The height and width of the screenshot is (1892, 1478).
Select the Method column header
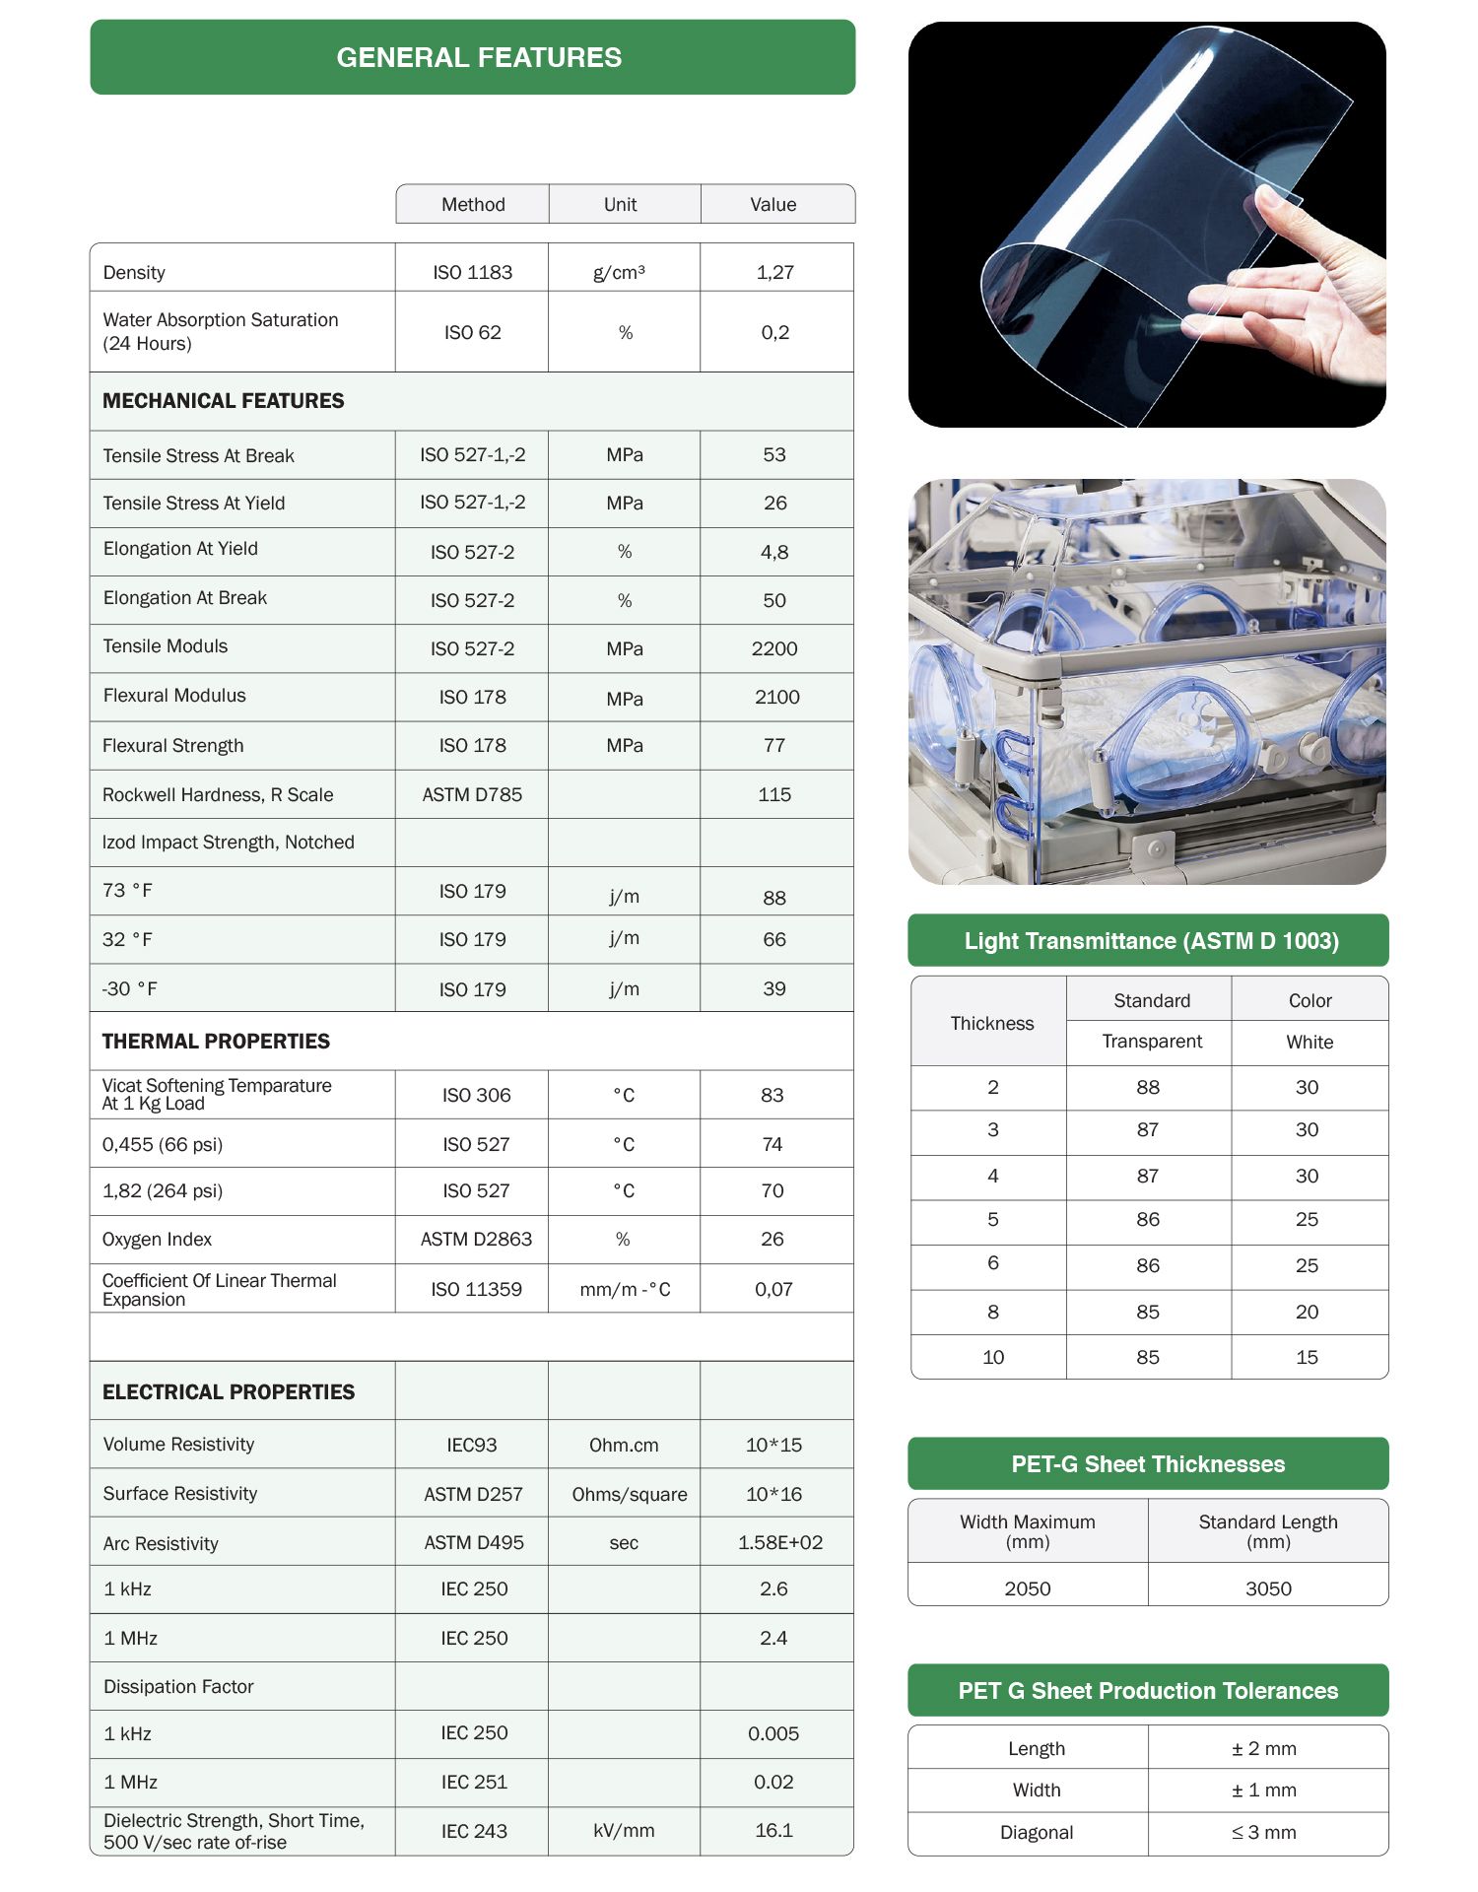473,204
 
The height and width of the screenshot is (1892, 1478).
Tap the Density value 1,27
775,272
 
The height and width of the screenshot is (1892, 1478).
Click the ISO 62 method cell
473,332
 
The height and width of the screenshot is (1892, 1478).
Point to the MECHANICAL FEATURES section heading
224,401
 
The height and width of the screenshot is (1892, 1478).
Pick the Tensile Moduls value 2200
774,648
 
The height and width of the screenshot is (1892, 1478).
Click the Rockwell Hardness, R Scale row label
218,794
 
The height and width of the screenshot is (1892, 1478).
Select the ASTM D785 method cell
473,794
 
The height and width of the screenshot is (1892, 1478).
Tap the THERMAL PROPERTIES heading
216,1042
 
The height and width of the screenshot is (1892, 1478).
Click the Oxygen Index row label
157,1239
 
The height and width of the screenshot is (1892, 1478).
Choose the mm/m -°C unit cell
625,1289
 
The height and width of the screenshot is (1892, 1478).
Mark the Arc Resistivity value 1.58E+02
780,1542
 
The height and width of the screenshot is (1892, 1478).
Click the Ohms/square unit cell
630,1494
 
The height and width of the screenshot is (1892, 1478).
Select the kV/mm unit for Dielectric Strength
624,1830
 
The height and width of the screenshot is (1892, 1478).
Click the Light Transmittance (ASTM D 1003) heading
1151,941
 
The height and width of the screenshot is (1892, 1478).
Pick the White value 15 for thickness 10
1307,1357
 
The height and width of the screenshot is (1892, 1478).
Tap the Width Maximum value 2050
1028,1588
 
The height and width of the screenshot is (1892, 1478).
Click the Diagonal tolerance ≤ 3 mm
1264,1832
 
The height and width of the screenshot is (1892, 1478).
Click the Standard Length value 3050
1268,1588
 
